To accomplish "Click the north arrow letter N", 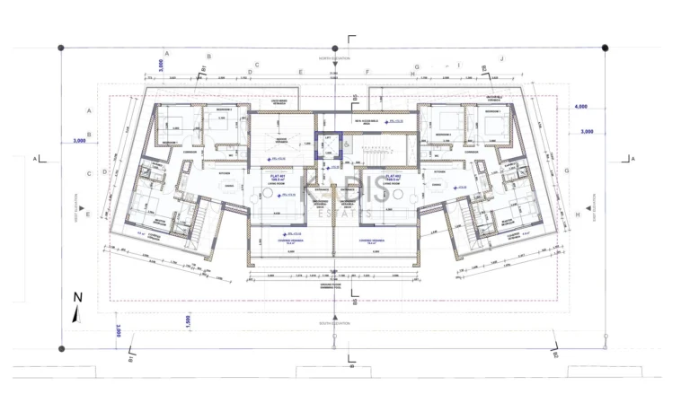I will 77,297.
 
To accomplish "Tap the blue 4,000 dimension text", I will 581,106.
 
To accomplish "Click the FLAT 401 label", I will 277,176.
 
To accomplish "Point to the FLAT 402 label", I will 392,176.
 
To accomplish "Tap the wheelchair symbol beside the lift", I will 347,143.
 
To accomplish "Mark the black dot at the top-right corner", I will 605,48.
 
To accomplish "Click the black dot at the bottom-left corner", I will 61,348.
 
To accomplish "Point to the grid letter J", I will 502,58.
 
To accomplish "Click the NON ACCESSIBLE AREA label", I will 368,121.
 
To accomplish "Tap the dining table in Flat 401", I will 230,184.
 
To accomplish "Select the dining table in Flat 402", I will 439,184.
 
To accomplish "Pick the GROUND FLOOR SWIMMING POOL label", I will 333,289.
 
